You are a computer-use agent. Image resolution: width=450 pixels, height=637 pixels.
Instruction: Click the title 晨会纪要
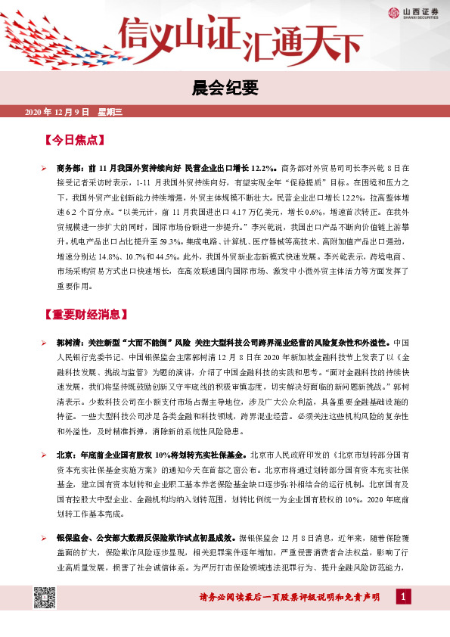[x=225, y=89]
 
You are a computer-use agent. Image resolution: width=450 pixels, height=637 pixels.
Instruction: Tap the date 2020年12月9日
[x=57, y=113]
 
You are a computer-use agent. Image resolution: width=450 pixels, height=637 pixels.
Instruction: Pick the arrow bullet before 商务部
[x=45, y=166]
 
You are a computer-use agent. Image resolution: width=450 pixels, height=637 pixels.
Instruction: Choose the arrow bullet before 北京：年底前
[x=45, y=456]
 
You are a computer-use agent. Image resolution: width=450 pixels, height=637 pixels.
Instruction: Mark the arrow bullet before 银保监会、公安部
[x=45, y=538]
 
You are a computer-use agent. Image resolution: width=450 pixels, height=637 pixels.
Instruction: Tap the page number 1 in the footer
[x=405, y=598]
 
